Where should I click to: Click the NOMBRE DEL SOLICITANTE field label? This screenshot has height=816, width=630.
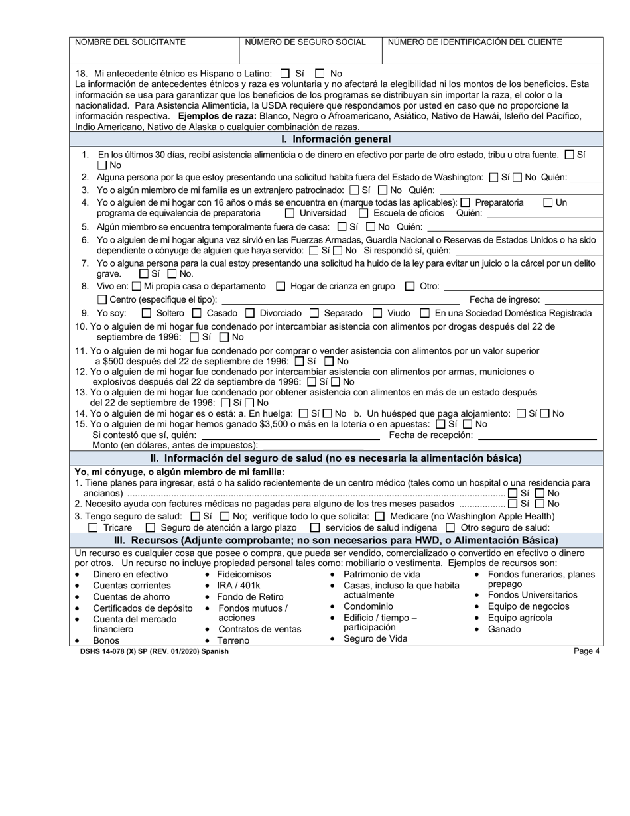(130, 42)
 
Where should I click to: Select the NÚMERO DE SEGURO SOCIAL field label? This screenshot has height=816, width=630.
(305, 42)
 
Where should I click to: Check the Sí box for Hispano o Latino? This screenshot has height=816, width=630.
(285, 74)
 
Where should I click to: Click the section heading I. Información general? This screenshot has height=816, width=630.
(336, 139)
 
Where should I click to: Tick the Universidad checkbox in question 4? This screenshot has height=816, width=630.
(290, 213)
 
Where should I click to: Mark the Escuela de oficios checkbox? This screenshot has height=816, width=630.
(363, 213)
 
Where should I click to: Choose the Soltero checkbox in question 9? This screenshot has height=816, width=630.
(147, 313)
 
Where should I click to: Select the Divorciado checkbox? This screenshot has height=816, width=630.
(250, 313)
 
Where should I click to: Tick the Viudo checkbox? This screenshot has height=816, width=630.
(377, 313)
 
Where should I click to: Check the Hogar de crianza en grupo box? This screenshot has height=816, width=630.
(281, 286)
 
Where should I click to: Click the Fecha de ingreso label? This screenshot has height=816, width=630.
(505, 299)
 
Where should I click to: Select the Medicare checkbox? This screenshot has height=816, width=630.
(379, 516)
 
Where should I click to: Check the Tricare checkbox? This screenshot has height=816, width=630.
(93, 527)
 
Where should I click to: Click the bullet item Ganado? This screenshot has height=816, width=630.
(504, 629)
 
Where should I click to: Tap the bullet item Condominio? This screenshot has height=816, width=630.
(368, 606)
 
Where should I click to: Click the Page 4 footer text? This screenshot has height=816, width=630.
(587, 651)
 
